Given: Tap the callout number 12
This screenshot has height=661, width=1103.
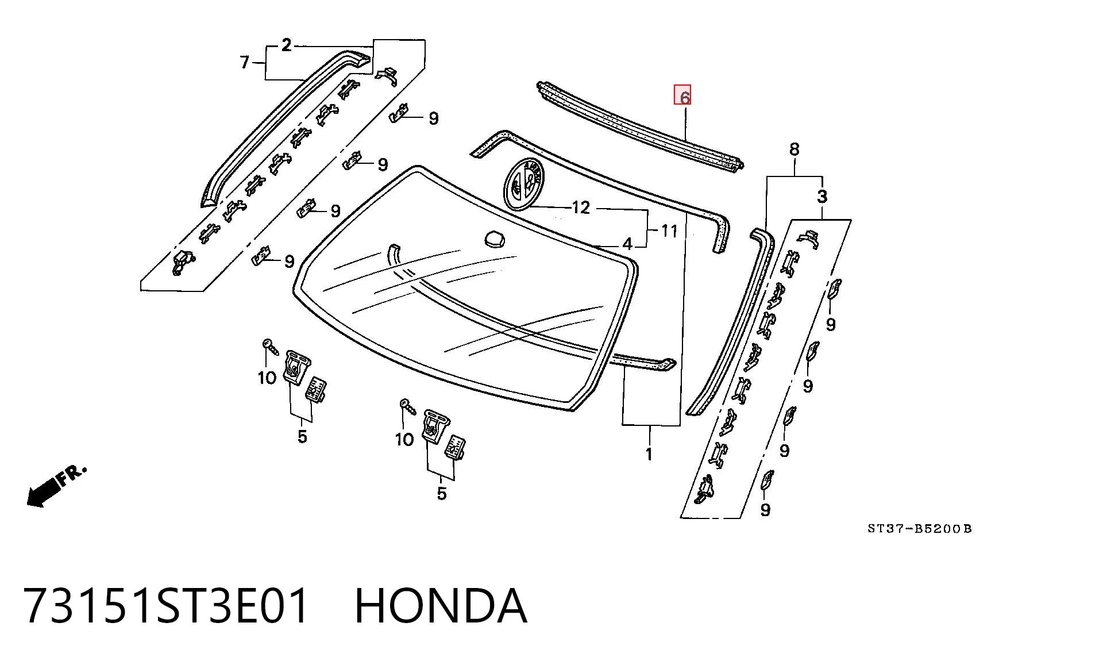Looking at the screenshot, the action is (x=581, y=207).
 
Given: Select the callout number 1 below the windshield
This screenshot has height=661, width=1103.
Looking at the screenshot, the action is (x=649, y=454).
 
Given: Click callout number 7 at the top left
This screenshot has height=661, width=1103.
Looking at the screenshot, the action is (x=245, y=62).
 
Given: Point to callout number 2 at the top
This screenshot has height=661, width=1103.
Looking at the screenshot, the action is (x=287, y=45).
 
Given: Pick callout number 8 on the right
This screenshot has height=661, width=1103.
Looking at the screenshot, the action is (x=794, y=149).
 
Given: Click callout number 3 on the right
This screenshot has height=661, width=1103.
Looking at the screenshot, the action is (x=822, y=197).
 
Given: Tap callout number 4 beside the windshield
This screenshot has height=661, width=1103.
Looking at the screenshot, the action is (x=627, y=244).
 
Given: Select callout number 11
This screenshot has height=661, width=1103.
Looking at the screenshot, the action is (x=669, y=231).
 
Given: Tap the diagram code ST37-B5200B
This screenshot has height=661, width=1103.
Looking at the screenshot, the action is (x=919, y=528).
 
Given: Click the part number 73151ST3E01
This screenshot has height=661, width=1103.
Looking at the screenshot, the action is (x=167, y=606).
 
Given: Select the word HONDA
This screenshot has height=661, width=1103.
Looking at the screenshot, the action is (x=441, y=606).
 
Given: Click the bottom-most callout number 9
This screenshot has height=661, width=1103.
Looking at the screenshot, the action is (x=765, y=510).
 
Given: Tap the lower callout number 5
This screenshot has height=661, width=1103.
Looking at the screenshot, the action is (x=441, y=493).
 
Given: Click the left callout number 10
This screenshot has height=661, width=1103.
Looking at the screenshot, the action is (x=267, y=378).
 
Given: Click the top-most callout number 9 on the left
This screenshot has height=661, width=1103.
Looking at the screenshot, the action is (x=434, y=118).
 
